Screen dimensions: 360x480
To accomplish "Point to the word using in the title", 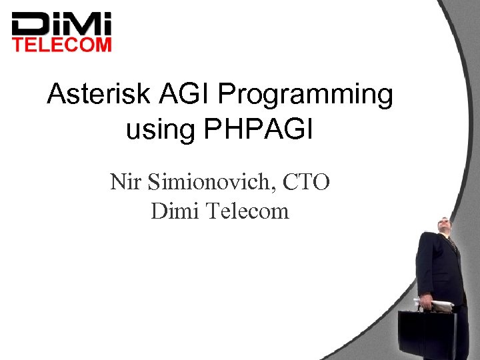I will pos(158,129).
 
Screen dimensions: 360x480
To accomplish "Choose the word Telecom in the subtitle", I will pos(247,211).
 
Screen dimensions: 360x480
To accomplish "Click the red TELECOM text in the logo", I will pos(63,45).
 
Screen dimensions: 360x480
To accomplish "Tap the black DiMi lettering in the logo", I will pos(63,25).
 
